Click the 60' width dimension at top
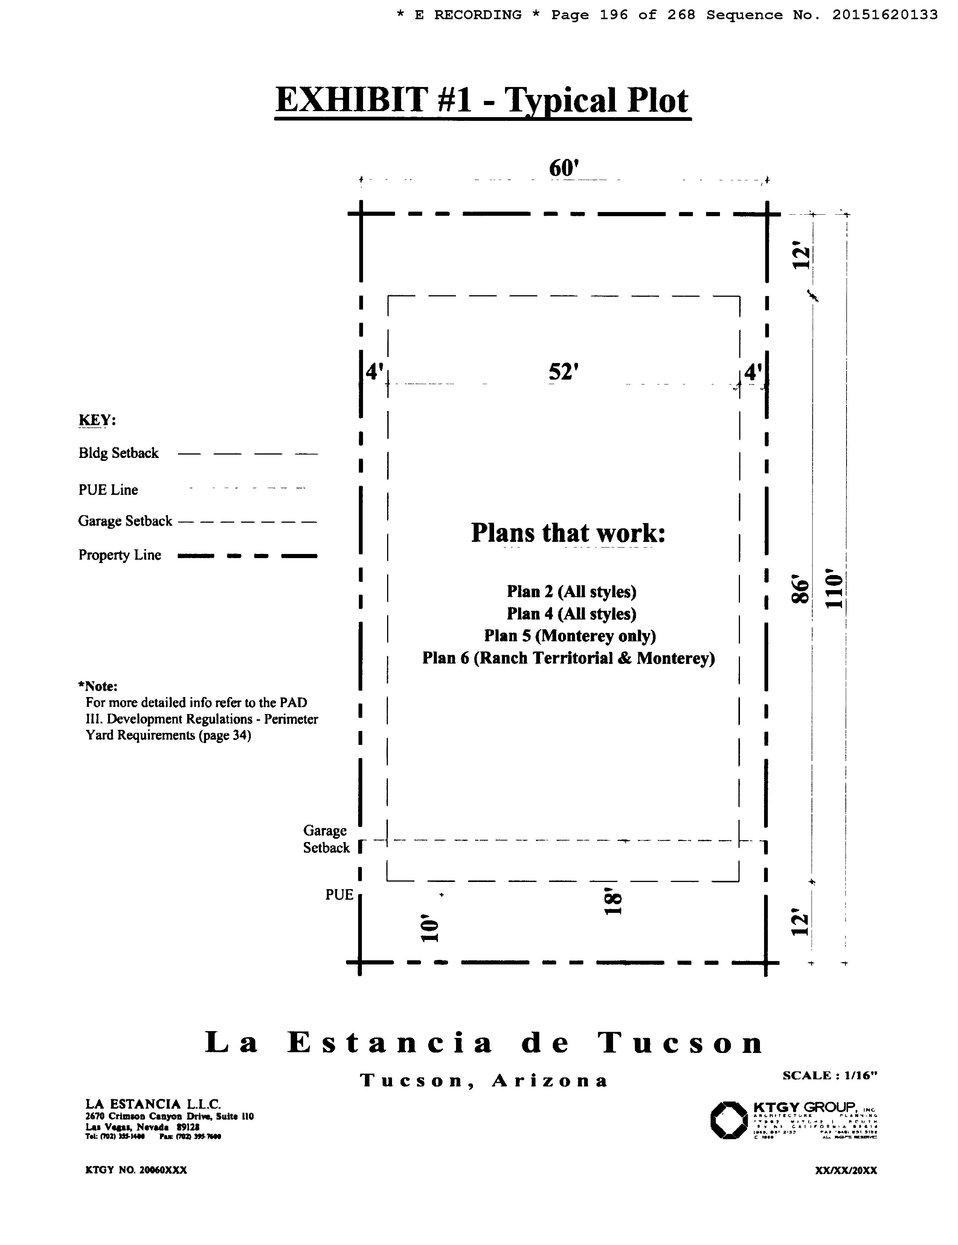(564, 168)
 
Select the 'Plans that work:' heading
(568, 532)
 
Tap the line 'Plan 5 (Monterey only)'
(570, 636)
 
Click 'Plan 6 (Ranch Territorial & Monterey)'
(568, 658)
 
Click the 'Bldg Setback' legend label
(119, 453)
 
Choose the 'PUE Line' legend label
(108, 490)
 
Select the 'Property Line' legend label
(120, 555)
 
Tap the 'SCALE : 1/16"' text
(830, 1076)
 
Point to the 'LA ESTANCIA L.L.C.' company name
(153, 1104)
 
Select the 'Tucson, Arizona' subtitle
(484, 1080)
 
